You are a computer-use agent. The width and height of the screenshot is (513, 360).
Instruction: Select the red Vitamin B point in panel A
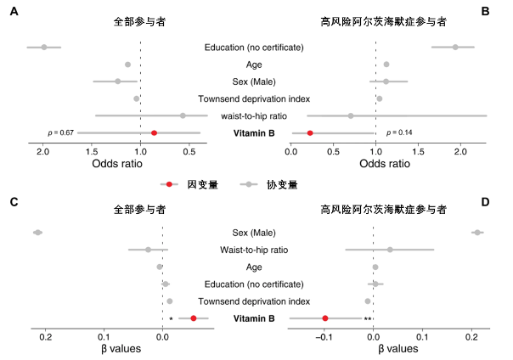pyautogui.click(x=154, y=133)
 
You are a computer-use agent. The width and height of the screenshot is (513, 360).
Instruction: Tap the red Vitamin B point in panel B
pyautogui.click(x=310, y=133)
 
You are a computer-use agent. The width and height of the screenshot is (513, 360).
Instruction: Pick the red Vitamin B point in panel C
pyautogui.click(x=194, y=318)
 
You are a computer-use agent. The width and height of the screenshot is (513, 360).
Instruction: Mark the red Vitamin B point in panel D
pyautogui.click(x=325, y=318)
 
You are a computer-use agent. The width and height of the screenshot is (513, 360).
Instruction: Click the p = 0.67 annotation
pyautogui.click(x=61, y=133)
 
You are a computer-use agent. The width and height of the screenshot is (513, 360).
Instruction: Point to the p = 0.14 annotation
pyautogui.click(x=399, y=133)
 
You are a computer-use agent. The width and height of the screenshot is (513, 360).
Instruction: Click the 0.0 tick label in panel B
pyautogui.click(x=291, y=152)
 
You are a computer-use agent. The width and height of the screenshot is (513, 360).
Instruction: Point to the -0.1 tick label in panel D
pyautogui.click(x=323, y=337)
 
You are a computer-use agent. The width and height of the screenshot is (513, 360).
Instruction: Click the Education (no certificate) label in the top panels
pyautogui.click(x=255, y=48)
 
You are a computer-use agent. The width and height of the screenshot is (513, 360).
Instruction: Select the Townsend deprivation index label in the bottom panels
pyautogui.click(x=255, y=301)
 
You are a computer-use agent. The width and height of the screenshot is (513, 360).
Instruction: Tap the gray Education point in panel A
pyautogui.click(x=44, y=47)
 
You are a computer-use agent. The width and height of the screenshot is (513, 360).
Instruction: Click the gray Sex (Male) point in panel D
pyautogui.click(x=477, y=233)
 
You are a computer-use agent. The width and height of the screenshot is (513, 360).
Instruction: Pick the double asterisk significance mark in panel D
pyautogui.click(x=368, y=319)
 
